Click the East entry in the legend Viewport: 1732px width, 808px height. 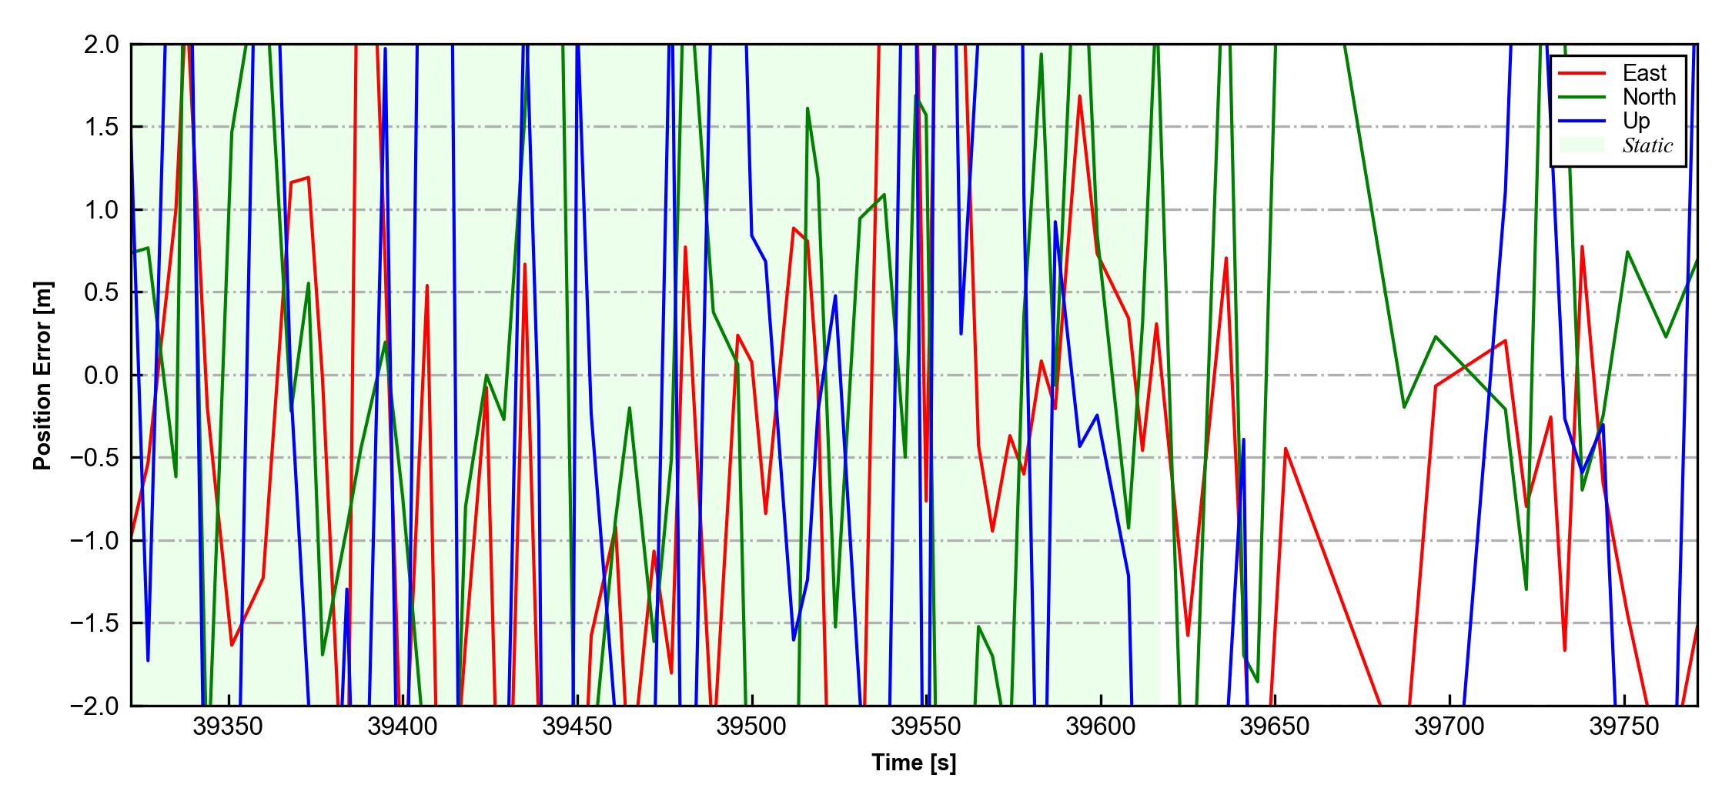point(1644,73)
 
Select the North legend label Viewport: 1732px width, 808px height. point(1649,97)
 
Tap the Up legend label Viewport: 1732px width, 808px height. point(1637,121)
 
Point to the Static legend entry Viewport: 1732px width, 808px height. point(1647,145)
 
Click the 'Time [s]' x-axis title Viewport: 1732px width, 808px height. point(914,763)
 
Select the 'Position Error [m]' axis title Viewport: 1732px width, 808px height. point(43,376)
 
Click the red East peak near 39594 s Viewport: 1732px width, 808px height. point(1080,96)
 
